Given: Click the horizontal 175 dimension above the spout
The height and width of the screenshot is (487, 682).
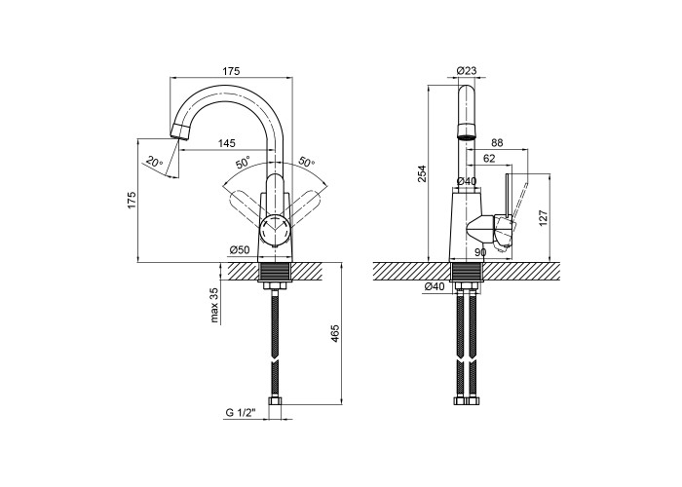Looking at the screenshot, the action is (232, 71).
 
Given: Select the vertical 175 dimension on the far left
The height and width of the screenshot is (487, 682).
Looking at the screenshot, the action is (132, 200).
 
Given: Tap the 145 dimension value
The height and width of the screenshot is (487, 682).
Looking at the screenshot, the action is (227, 142).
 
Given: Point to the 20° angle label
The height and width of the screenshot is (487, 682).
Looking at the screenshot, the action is (154, 163).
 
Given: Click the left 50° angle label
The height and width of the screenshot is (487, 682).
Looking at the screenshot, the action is (244, 163).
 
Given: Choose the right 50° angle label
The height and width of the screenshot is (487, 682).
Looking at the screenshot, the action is (306, 163).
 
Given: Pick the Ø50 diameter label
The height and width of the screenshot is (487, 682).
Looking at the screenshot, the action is (240, 250).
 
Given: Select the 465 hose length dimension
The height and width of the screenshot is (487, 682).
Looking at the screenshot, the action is (335, 333).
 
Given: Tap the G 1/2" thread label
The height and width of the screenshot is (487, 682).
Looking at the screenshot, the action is (240, 413).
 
